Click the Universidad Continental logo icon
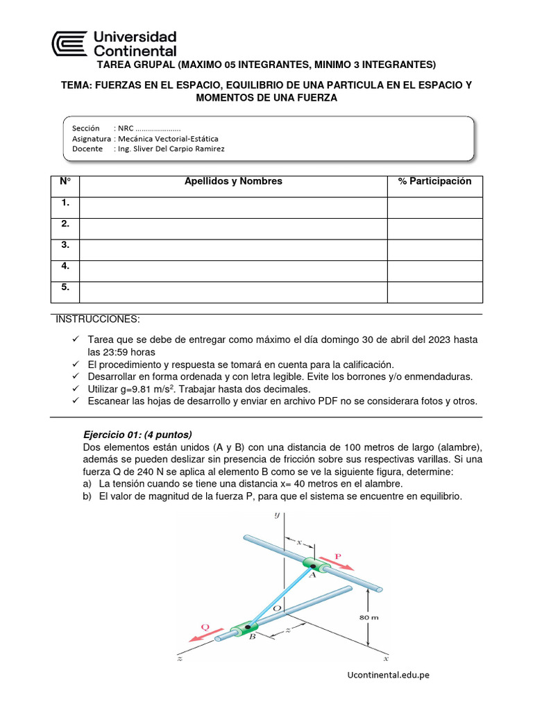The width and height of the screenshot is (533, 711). click(70, 43)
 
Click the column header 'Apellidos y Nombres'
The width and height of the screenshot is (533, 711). click(233, 181)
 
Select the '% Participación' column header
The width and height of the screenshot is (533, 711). click(434, 181)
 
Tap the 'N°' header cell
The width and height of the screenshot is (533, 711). click(65, 181)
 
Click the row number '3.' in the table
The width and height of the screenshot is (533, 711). click(65, 245)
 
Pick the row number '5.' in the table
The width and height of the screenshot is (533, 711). click(65, 287)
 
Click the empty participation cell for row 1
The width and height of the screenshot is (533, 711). click(434, 208)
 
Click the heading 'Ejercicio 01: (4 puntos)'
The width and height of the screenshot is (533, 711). click(137, 434)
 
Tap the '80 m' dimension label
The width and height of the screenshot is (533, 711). click(369, 617)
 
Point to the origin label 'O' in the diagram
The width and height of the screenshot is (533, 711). click(293, 608)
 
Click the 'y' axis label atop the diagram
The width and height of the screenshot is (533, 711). click(276, 515)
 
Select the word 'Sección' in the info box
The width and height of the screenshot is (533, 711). click(85, 128)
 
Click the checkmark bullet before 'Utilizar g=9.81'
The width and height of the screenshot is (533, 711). click(77, 389)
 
